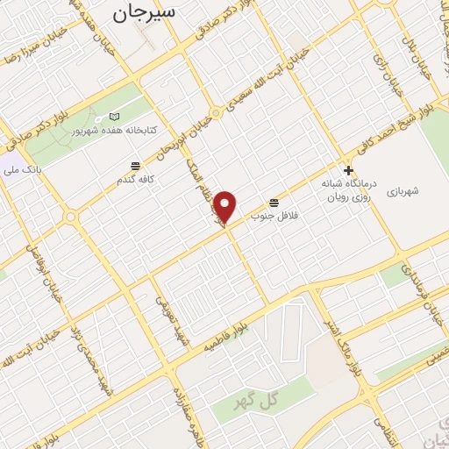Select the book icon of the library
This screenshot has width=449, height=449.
click(x=114, y=117)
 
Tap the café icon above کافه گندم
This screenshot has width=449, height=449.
click(x=135, y=166)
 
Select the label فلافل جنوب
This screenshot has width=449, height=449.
click(x=275, y=215)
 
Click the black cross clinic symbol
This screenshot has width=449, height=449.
click(x=349, y=170)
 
